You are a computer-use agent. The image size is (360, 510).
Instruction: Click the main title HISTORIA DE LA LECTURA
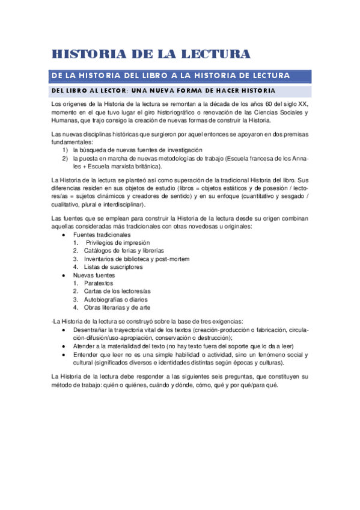tap(150, 54)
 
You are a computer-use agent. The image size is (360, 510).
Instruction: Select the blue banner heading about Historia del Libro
tap(171, 75)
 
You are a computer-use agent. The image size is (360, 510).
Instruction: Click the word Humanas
tap(66, 120)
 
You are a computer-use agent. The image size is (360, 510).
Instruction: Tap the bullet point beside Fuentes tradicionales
tap(64, 234)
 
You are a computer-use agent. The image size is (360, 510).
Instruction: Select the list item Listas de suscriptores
tap(114, 266)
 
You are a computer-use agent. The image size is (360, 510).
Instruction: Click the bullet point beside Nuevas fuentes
tap(64, 275)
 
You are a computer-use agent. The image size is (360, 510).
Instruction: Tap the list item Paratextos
tap(98, 283)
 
